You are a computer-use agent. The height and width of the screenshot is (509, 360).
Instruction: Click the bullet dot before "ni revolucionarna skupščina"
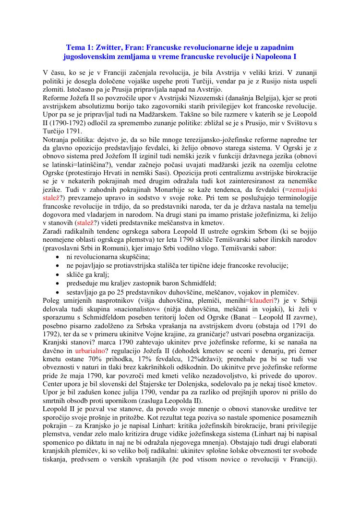(58, 257)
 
